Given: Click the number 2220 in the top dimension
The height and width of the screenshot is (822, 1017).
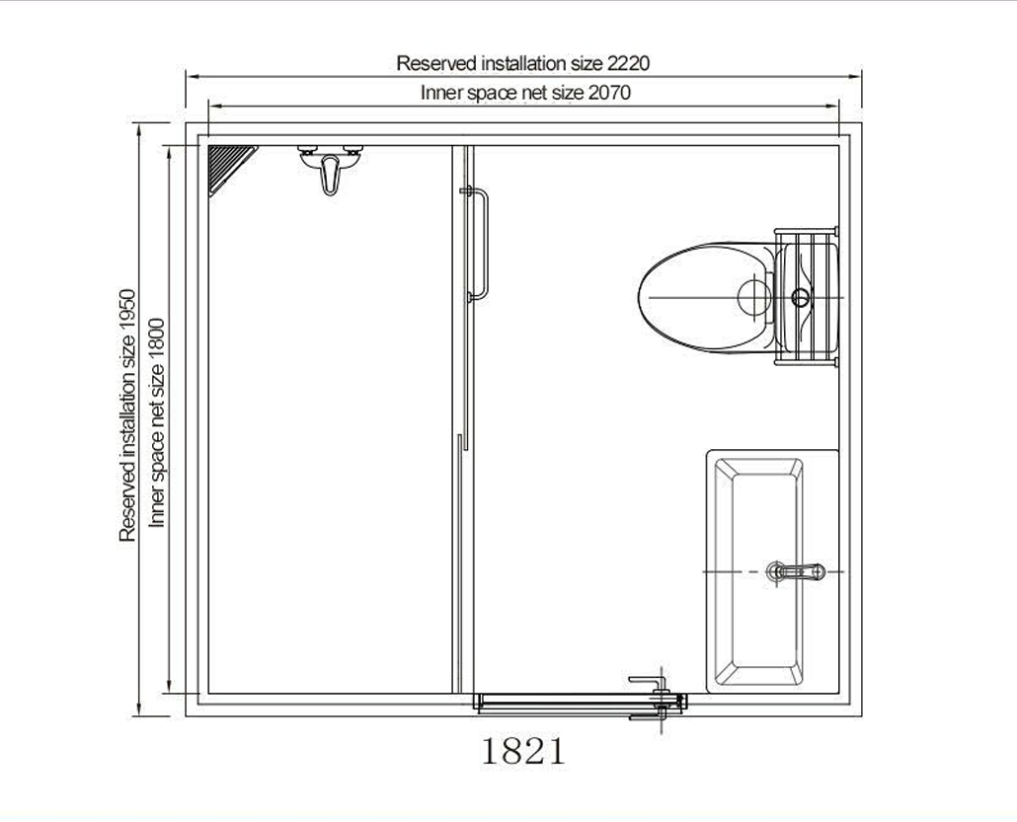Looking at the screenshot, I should (628, 63).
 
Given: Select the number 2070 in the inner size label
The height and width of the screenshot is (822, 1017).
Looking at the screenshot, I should (609, 93).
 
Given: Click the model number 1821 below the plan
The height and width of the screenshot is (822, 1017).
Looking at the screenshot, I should (523, 752).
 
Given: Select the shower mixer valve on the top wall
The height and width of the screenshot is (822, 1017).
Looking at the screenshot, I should (330, 166).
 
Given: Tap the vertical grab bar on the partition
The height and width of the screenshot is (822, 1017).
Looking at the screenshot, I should (479, 244).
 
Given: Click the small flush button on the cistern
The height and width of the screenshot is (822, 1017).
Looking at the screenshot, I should (801, 296).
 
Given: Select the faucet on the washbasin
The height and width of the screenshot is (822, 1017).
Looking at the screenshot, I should (796, 571).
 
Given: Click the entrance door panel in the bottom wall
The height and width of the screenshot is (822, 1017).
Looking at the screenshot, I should (563, 703).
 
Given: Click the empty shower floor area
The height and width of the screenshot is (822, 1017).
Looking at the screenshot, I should (331, 444).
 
